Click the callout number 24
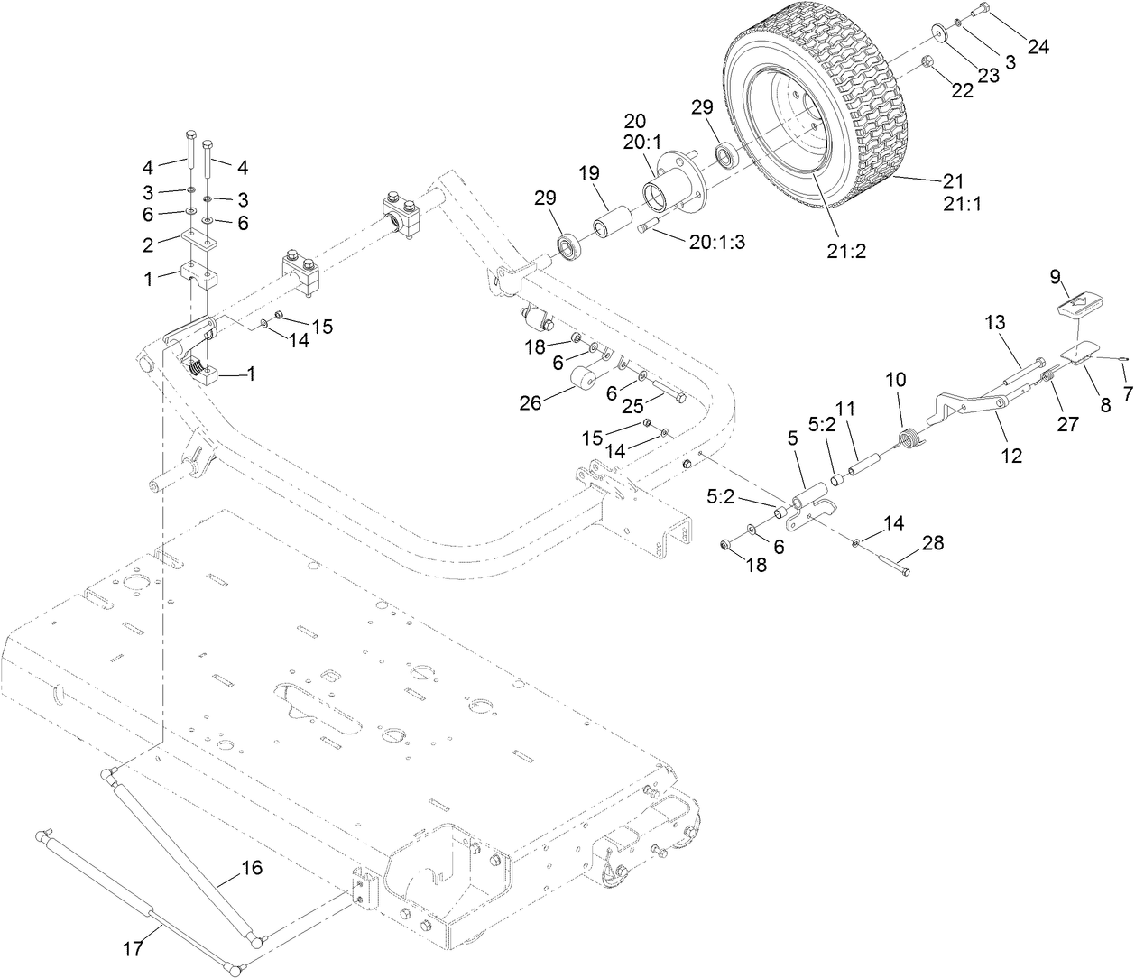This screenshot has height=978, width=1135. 1038,47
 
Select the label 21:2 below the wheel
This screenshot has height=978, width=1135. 845,252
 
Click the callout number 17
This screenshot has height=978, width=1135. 134,948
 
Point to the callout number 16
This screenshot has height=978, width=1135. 251,868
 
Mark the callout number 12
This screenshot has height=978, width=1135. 1011,457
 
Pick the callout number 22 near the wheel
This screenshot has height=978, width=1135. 963,90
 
